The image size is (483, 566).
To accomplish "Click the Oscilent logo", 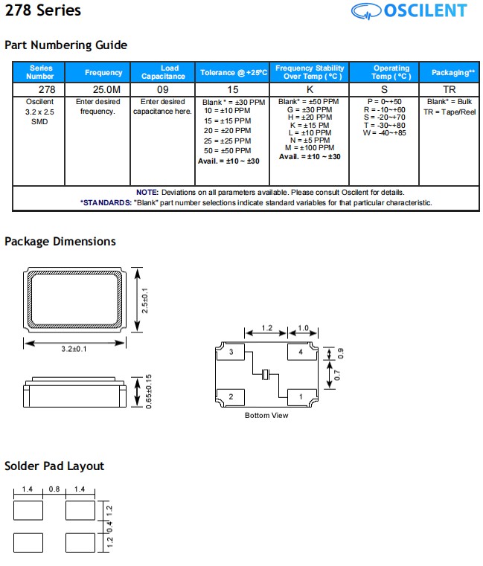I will point(409,11).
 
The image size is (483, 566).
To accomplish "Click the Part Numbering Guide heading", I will point(66,45).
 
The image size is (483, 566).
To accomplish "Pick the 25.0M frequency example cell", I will point(103,89).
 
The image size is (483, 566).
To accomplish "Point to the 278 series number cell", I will point(39,89).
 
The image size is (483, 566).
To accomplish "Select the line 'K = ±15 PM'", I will point(309,126).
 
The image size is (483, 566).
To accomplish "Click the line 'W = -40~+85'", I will point(384,133).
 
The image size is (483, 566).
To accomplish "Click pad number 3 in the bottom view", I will point(231,353).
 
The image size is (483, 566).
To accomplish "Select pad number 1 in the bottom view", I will point(301,397).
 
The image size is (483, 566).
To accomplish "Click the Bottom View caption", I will point(266,415).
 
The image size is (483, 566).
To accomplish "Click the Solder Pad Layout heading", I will point(54,466).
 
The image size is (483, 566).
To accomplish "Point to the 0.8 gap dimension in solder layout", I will point(54,489).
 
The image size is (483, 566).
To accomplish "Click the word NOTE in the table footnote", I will point(147,193).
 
